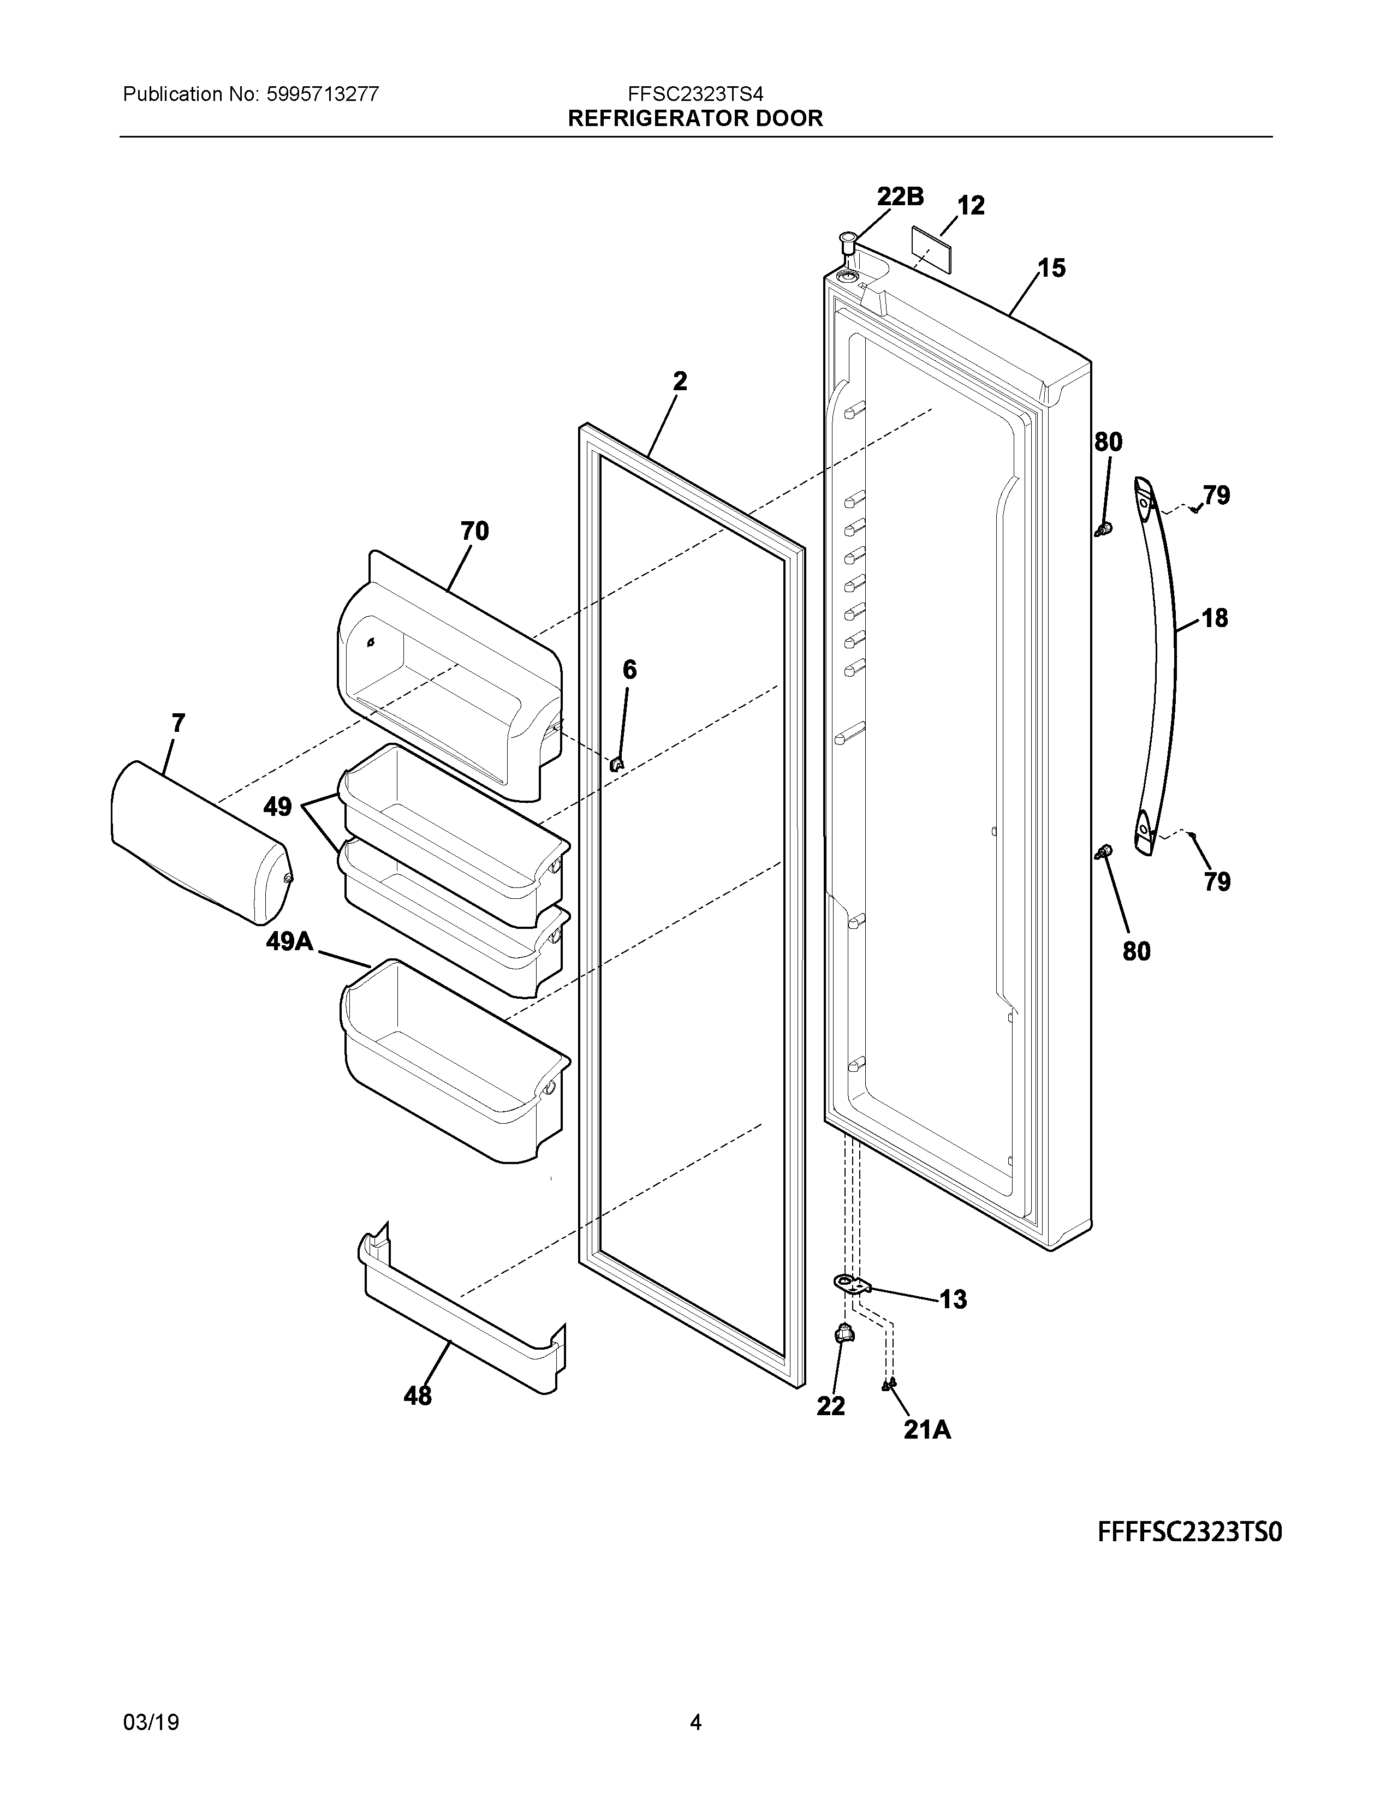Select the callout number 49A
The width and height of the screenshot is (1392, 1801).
tap(289, 941)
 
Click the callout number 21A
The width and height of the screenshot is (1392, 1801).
tap(927, 1429)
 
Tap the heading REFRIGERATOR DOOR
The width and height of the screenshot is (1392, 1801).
tap(695, 119)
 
